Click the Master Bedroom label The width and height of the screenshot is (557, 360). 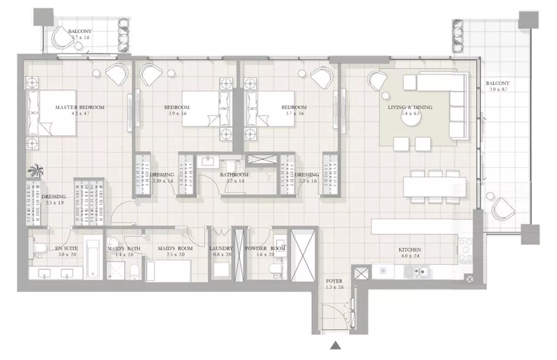click(x=80, y=107)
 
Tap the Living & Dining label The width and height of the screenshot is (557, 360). click(x=410, y=107)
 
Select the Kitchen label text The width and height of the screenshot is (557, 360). click(x=410, y=250)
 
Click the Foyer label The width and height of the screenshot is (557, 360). click(x=334, y=281)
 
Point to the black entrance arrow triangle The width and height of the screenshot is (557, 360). click(x=335, y=346)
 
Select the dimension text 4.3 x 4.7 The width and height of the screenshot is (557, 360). click(x=80, y=113)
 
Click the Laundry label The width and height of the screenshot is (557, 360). click(x=221, y=249)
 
